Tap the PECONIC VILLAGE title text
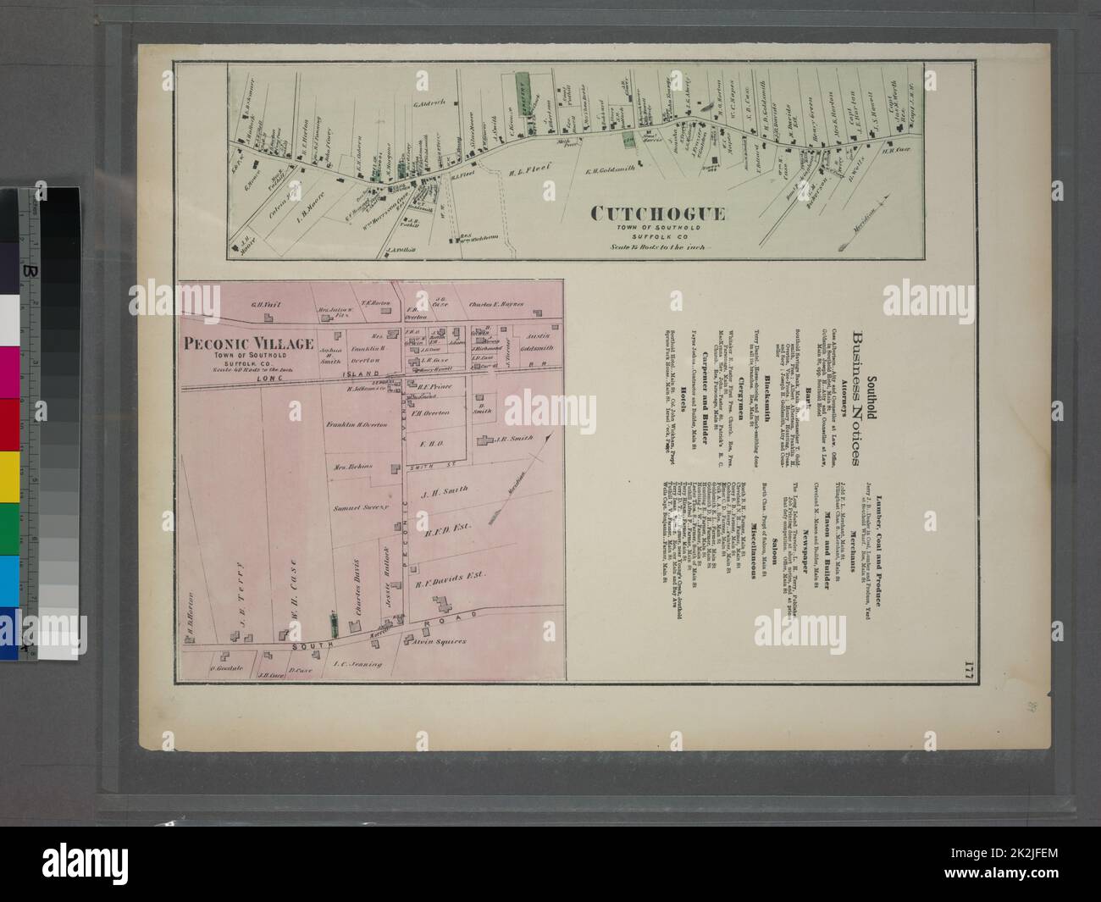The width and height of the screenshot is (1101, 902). [x=245, y=343]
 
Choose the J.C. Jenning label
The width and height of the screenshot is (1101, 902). [x=359, y=664]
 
